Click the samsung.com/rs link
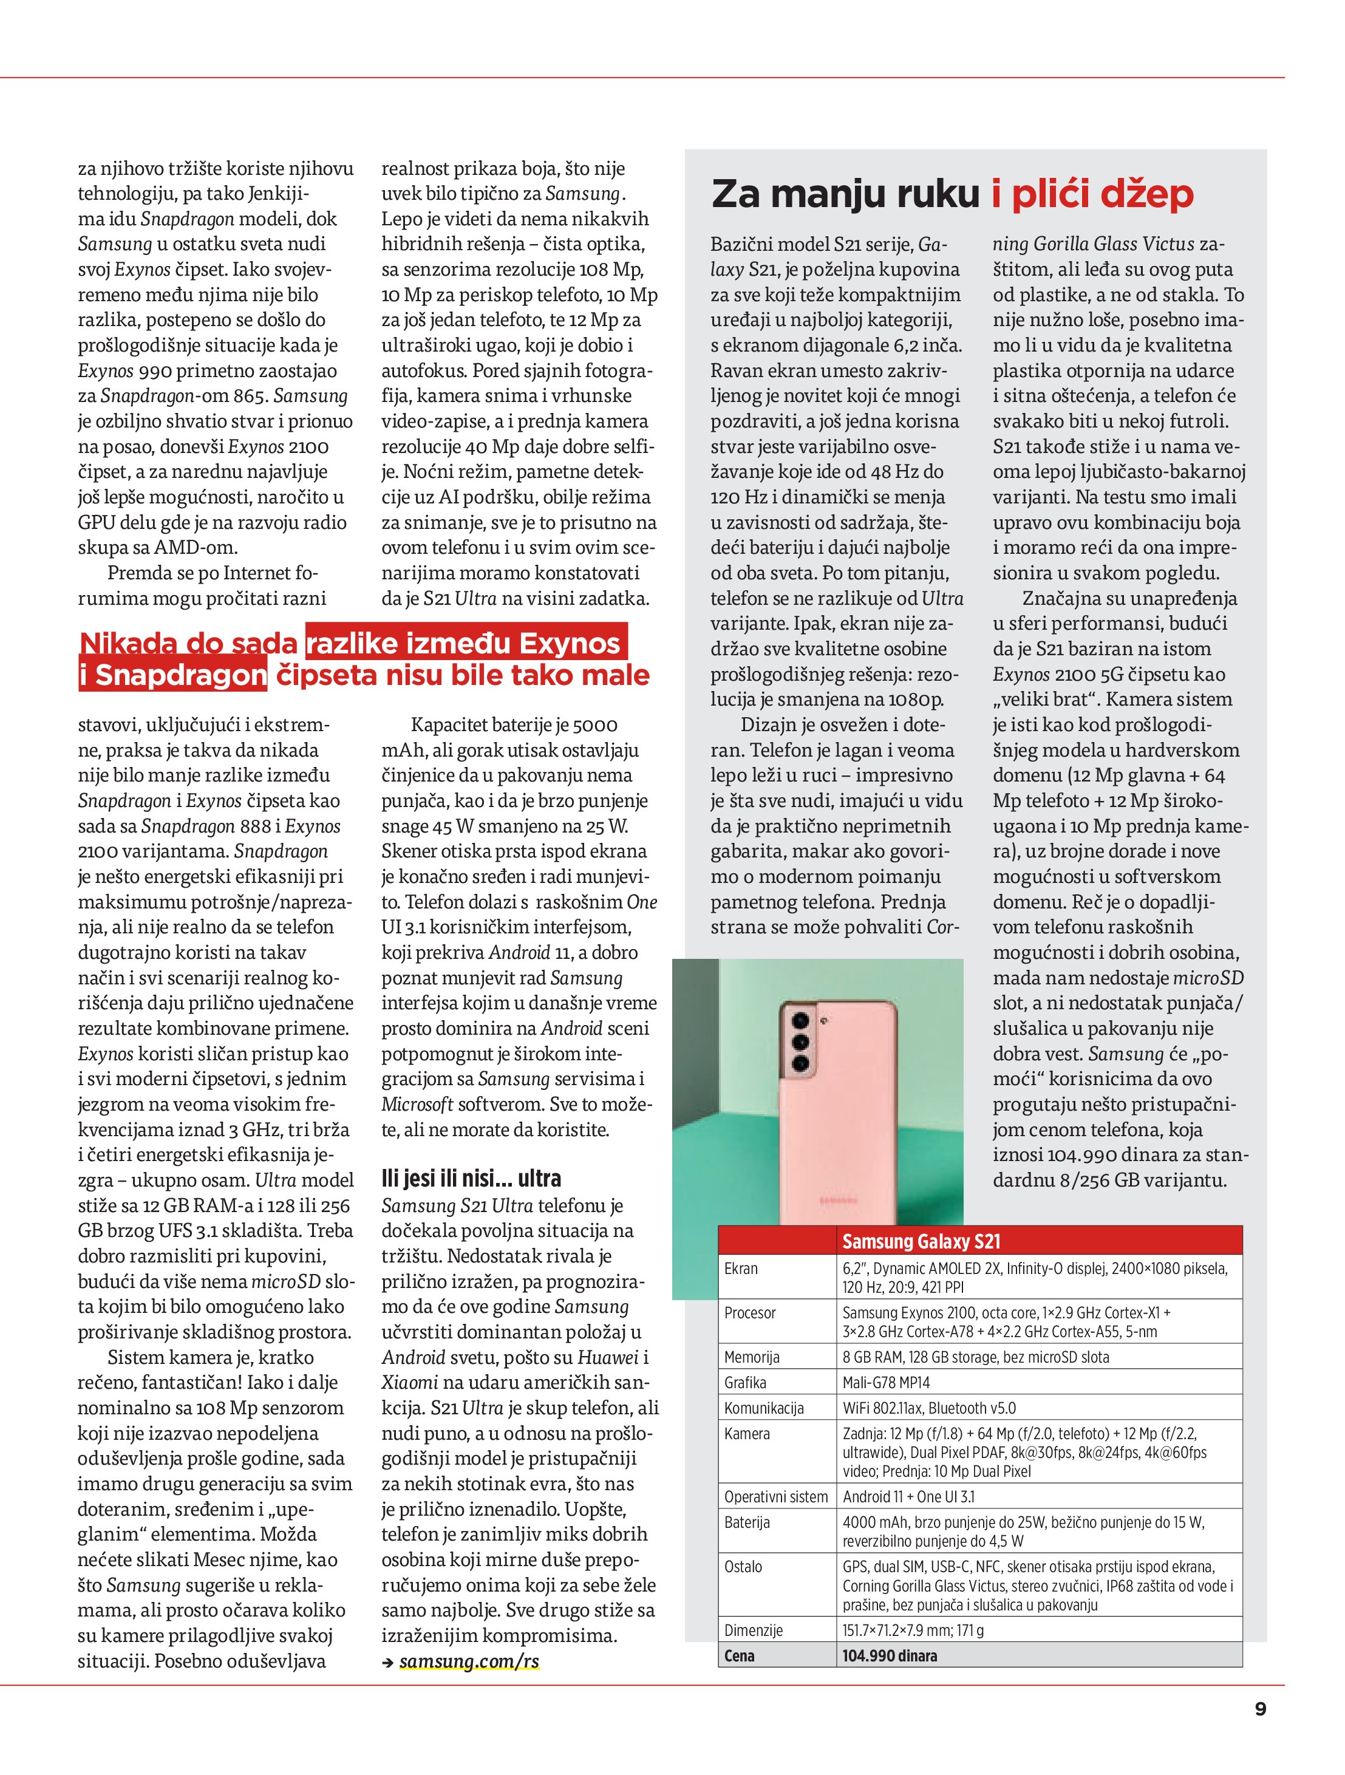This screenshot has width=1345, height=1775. (x=469, y=1661)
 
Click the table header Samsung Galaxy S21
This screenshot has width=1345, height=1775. (x=921, y=1241)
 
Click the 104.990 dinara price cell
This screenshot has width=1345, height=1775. (x=889, y=1655)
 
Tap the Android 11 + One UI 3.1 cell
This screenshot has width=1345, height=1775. (x=908, y=1496)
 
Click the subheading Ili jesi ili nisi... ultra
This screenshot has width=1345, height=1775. (x=471, y=1178)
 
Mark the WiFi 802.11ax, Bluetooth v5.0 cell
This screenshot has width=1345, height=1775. (x=928, y=1408)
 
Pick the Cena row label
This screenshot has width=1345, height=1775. (x=738, y=1655)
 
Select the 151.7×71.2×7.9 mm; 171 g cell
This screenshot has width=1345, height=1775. (x=913, y=1630)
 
